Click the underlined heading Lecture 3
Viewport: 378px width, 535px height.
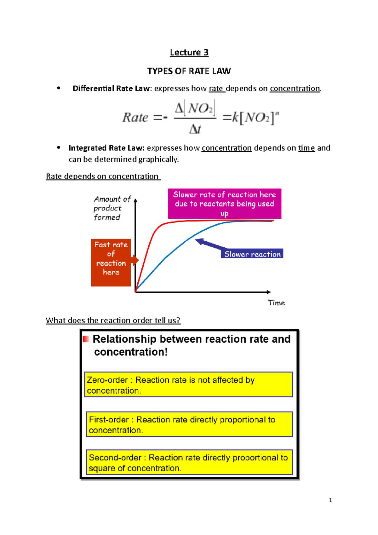coord(189,52)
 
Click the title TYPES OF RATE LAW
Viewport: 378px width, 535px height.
coord(189,71)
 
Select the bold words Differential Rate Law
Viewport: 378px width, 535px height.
coord(111,89)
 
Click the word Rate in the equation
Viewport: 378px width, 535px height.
coord(135,118)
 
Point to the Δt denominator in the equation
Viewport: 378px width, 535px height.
coord(195,129)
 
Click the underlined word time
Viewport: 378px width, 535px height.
coord(306,148)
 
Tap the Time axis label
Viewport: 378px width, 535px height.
coord(276,303)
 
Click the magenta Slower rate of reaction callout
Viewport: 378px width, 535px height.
coord(224,204)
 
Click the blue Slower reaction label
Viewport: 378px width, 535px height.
coord(252,254)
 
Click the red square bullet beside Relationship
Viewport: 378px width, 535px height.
coord(86,339)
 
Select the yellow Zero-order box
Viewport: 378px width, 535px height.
coord(188,384)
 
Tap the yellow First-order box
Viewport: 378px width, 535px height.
coord(189,424)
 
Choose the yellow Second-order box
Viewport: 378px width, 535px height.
coord(189,462)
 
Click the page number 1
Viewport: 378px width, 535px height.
coord(330,500)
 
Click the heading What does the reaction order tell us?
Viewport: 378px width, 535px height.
coord(113,320)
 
